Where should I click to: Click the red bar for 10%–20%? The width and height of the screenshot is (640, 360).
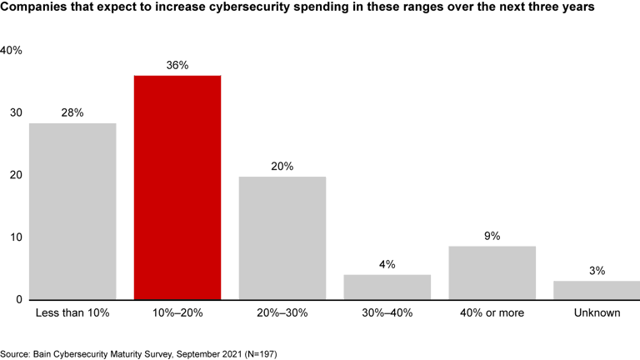(x=177, y=187)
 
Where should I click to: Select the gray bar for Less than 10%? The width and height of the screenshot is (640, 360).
(x=72, y=211)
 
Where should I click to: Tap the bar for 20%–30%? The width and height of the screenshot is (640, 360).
(x=282, y=237)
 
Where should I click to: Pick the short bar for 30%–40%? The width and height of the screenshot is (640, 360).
(x=387, y=286)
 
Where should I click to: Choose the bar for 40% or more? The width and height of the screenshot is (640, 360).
(x=492, y=272)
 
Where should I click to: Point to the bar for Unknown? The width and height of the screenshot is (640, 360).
(x=597, y=289)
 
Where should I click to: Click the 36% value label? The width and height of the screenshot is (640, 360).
(x=177, y=65)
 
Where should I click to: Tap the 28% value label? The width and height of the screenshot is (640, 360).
(x=72, y=112)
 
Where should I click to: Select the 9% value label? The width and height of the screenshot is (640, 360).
(x=492, y=236)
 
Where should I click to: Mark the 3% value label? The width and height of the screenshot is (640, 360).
(x=597, y=271)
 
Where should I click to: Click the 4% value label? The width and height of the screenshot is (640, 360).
(x=387, y=265)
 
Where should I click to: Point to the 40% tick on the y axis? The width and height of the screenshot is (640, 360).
(x=11, y=51)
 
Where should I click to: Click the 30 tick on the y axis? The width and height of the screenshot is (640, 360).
(x=16, y=113)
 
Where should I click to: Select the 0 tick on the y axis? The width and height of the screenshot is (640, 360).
(x=18, y=300)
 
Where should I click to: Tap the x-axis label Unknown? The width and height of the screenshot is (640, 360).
(x=597, y=313)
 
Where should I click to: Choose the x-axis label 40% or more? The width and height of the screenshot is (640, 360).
(x=492, y=313)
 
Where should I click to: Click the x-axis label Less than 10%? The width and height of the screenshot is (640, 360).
(x=72, y=313)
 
